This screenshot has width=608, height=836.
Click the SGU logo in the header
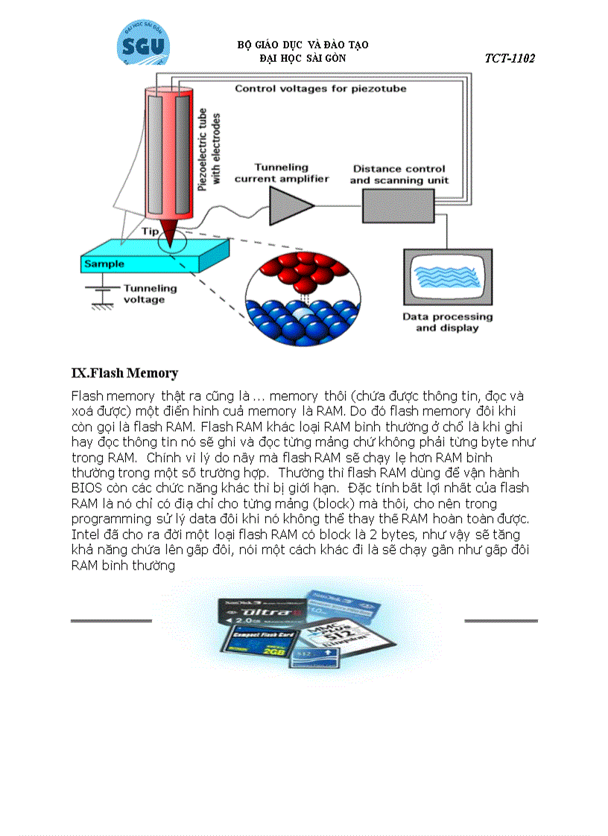pos(143,43)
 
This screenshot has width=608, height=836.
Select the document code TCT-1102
pos(510,58)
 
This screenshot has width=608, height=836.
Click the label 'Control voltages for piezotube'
pos(320,89)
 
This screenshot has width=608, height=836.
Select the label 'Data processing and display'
pos(447,322)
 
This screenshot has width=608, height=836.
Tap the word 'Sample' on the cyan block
pos(104,264)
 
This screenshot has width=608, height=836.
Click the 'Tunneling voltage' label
pos(150,293)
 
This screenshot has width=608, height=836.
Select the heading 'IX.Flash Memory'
pos(124,373)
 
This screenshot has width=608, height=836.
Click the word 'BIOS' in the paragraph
pos(87,488)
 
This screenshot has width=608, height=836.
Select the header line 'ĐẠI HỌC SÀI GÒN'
pos(303,58)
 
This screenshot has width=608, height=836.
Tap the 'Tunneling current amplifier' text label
pos(282,173)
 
